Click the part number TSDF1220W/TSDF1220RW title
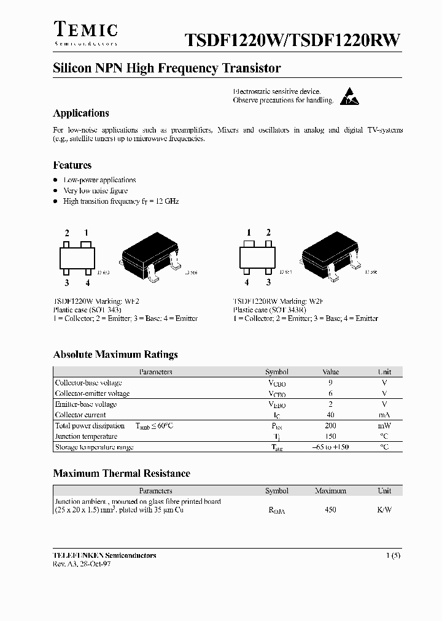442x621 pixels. [x=293, y=40]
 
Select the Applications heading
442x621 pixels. [x=81, y=113]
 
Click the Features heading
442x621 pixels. [x=72, y=165]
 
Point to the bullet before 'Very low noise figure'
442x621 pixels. [x=55, y=191]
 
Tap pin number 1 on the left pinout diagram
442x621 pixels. [x=87, y=233]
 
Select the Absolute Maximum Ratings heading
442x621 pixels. [x=115, y=355]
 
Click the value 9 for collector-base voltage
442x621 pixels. [x=330, y=382]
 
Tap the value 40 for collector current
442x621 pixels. [x=330, y=415]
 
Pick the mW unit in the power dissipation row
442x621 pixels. [x=384, y=425]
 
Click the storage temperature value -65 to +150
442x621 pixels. [x=330, y=447]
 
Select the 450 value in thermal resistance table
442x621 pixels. [x=330, y=509]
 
